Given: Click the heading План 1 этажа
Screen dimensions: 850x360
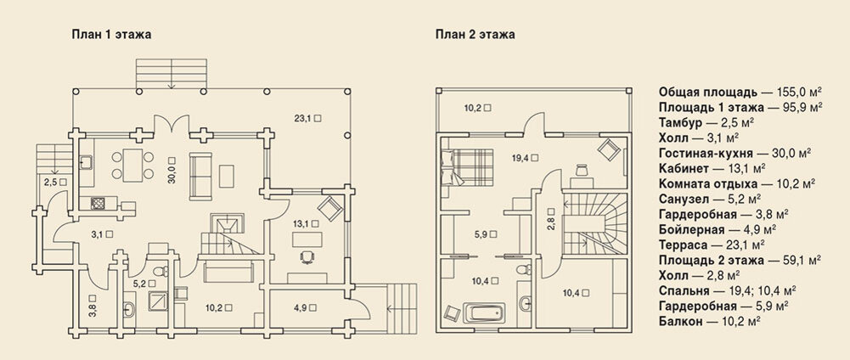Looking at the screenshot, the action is point(111,36).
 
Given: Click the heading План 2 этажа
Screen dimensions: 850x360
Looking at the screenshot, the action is point(475,36).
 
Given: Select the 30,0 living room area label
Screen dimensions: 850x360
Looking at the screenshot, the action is point(172,172).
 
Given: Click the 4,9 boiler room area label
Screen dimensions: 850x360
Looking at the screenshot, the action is point(305,307).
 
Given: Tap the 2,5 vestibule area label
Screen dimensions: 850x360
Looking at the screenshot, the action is point(54,183).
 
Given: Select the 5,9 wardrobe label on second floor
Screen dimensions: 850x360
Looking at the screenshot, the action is point(486,234).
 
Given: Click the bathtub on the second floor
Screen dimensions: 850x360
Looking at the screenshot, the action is point(485,313).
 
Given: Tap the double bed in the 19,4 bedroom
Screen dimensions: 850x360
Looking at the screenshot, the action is point(468,167).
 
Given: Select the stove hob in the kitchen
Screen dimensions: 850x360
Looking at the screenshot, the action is point(99,203).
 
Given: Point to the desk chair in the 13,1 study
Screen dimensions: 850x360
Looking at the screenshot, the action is point(307,256).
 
